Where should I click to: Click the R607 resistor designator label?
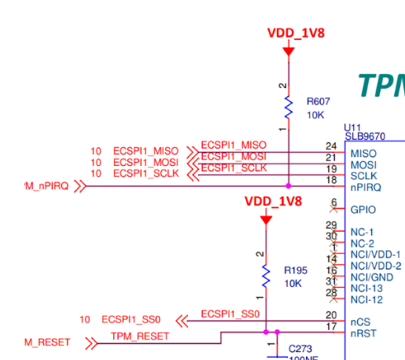pos(318,101)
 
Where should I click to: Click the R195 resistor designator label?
pos(296,270)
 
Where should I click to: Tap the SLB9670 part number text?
pos(365,136)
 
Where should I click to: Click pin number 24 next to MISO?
pos(331,146)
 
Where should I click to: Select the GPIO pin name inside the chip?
pos(363,211)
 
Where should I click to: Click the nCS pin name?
pos(359,321)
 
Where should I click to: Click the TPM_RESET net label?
pos(141,336)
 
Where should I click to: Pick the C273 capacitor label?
pos(300,347)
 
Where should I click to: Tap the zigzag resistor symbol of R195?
pos(267,276)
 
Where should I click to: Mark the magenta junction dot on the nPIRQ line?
pos(289,186)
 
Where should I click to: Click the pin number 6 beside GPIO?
pos(333,203)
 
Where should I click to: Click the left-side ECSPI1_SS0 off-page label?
pos(131,320)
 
